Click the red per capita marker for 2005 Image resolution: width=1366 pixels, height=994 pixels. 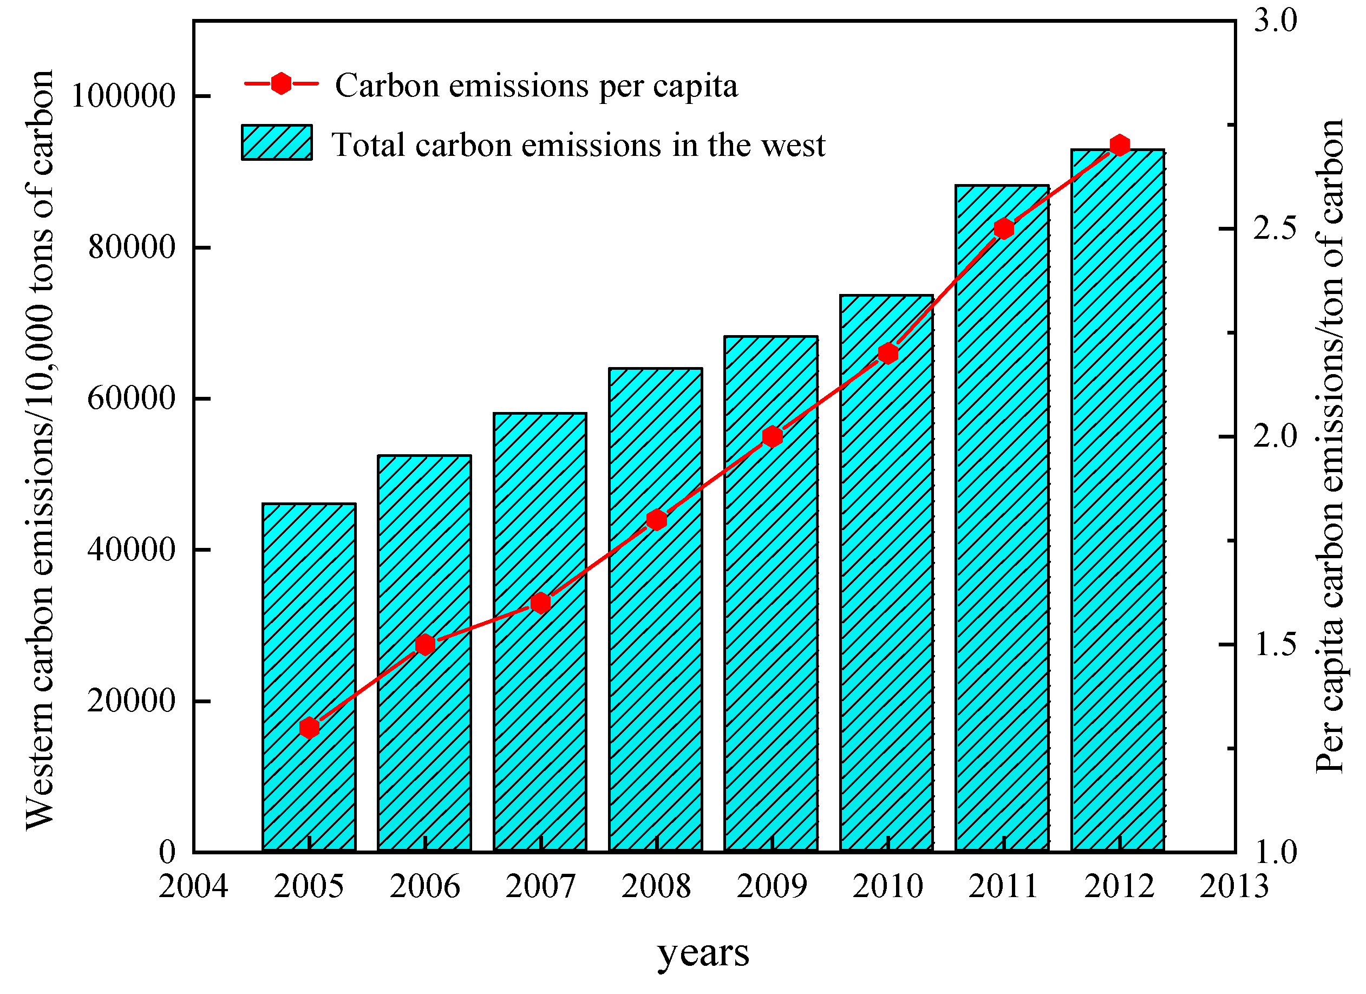point(310,728)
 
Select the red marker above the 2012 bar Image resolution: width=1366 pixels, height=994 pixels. point(1120,145)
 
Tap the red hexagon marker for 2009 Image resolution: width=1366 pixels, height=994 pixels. point(773,437)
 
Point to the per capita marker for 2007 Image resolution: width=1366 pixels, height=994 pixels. point(541,603)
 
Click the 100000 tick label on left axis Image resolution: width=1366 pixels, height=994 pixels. point(123,96)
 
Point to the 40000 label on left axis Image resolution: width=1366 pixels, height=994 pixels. point(132,550)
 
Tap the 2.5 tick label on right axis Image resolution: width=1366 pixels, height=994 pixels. point(1275,229)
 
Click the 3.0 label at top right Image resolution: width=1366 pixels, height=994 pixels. point(1275,21)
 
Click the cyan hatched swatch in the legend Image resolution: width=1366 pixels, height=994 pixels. point(277,143)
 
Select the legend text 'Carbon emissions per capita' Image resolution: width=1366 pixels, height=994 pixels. point(536,86)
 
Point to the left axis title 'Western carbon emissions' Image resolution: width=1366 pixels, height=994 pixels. point(40,449)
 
